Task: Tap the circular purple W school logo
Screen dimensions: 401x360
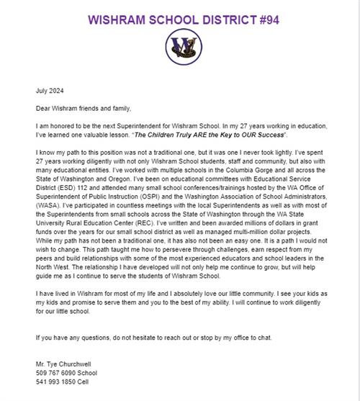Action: tap(180, 47)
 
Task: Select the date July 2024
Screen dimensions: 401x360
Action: tap(51, 91)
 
